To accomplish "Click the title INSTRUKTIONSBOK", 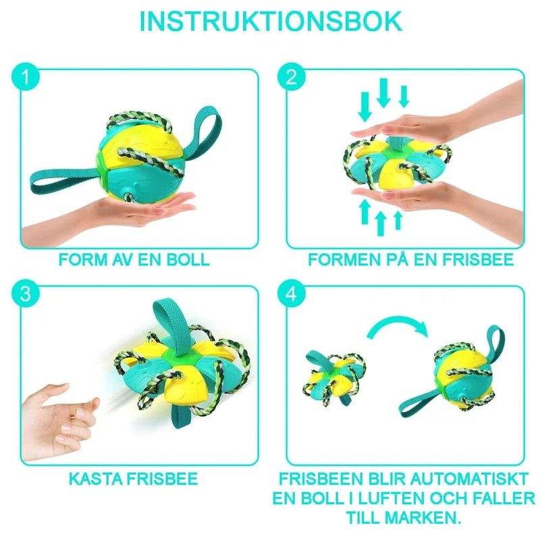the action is (x=271, y=22).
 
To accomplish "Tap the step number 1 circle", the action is (x=26, y=76).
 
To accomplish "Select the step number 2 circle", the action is (x=292, y=76).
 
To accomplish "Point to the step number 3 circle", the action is (x=26, y=294).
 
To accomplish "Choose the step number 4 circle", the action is (x=292, y=294).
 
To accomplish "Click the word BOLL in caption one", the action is (x=188, y=260).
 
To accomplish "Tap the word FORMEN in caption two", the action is (x=344, y=260).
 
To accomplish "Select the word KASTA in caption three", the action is (x=95, y=479).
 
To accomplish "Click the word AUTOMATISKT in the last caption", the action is (x=469, y=479).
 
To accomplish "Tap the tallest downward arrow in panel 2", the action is (x=383, y=93).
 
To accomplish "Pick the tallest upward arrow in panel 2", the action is (x=381, y=223).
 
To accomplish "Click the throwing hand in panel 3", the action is (x=59, y=422).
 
